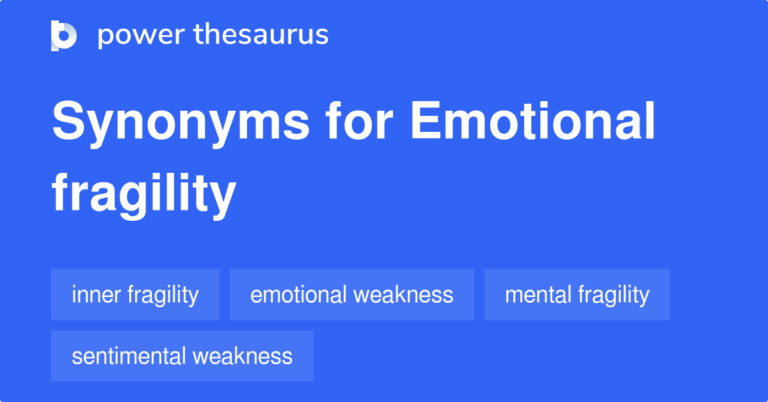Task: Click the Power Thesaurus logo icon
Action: (64, 35)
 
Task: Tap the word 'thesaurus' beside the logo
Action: (261, 35)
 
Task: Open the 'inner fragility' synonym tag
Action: (135, 294)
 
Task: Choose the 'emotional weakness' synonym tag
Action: (351, 294)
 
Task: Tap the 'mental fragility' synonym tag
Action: (577, 294)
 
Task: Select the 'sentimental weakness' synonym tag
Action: (182, 356)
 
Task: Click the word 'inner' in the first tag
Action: (97, 294)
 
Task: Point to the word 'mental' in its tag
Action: (538, 294)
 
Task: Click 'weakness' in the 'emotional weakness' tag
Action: (403, 294)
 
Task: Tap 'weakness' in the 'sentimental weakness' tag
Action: (243, 356)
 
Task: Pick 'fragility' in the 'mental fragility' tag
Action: (614, 294)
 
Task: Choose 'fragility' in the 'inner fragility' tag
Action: (163, 294)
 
